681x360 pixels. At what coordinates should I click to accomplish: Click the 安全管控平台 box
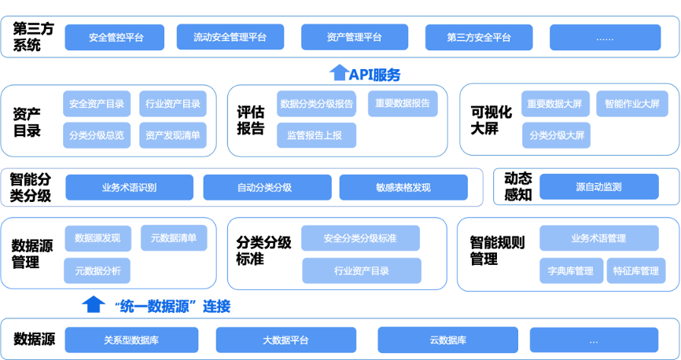(115, 37)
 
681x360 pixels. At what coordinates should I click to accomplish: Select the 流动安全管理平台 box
(230, 37)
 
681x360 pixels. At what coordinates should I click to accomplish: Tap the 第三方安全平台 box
(478, 37)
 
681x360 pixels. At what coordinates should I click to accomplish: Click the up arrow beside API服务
(338, 73)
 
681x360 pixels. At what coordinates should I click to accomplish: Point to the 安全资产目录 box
(97, 104)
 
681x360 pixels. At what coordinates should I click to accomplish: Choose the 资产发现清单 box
(173, 135)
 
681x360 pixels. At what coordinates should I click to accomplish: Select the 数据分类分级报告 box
(317, 104)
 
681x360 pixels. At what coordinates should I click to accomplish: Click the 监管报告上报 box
(315, 135)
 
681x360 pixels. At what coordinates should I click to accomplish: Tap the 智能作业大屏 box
(628, 104)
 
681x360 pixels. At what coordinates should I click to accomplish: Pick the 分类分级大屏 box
(556, 135)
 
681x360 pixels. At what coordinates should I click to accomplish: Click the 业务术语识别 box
(129, 187)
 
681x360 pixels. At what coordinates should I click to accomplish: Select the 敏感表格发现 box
(403, 187)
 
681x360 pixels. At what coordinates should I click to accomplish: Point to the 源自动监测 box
(598, 187)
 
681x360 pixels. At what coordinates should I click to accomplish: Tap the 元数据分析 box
(98, 270)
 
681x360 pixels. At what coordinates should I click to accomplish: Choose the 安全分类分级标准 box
(359, 238)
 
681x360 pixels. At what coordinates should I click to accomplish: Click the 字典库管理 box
(571, 270)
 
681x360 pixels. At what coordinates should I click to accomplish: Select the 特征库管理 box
(635, 270)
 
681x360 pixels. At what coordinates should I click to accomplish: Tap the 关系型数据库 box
(131, 340)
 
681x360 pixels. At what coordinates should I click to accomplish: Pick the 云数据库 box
(447, 340)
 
